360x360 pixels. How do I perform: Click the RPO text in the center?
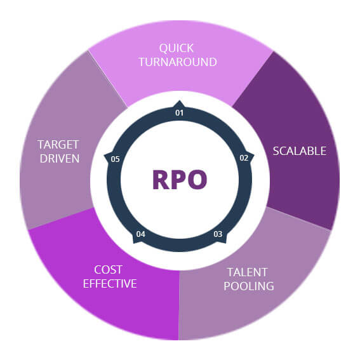coord(180,180)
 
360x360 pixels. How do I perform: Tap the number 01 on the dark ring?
coord(180,113)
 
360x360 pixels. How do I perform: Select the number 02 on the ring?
coord(243,158)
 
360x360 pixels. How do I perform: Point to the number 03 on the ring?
coord(218,234)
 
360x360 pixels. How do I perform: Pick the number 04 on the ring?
coord(140,234)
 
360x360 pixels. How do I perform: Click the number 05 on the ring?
coord(116,159)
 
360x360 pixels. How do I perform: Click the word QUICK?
coord(177,48)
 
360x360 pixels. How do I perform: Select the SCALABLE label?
coord(299,151)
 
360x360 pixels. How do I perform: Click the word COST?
coord(107,269)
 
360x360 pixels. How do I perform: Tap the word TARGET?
coord(58,144)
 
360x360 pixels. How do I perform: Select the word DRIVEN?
coord(58,158)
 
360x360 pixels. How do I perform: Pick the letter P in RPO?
coord(179,180)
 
